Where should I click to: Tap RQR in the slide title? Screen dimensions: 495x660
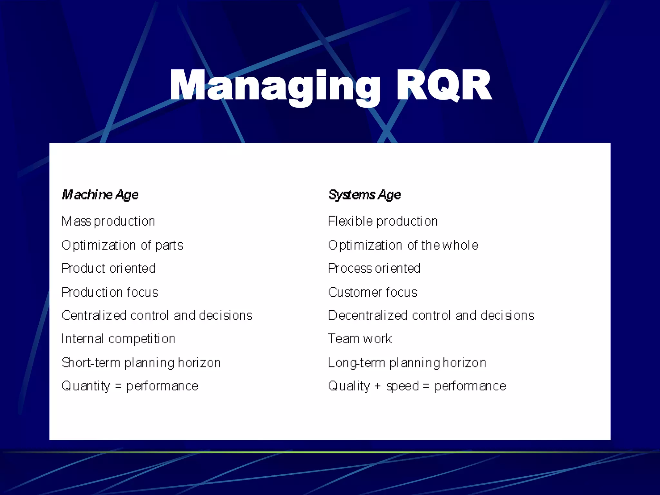tap(443, 85)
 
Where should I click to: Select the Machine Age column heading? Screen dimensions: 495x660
tap(100, 195)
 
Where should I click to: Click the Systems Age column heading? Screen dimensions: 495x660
tap(364, 195)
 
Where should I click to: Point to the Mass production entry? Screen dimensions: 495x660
tap(108, 221)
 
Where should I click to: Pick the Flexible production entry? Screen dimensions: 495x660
tap(383, 221)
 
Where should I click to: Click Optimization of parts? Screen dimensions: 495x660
tap(122, 245)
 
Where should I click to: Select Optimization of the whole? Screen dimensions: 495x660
tap(403, 245)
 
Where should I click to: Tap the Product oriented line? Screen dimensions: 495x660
tap(109, 268)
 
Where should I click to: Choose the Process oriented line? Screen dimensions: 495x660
tap(374, 268)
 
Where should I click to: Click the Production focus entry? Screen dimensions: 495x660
tap(110, 292)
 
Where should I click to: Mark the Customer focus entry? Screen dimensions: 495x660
tap(372, 292)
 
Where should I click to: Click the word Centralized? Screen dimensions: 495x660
tap(94, 315)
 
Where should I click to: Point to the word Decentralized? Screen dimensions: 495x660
tap(368, 315)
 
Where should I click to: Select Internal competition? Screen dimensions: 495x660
tap(118, 339)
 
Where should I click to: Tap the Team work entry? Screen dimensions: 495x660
tap(360, 339)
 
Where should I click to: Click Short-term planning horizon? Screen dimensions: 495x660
tap(141, 363)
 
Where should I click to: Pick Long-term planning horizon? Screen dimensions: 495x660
tap(407, 363)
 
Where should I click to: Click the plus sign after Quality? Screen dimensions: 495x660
tap(377, 386)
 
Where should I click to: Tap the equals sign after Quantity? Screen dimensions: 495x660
tap(118, 386)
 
